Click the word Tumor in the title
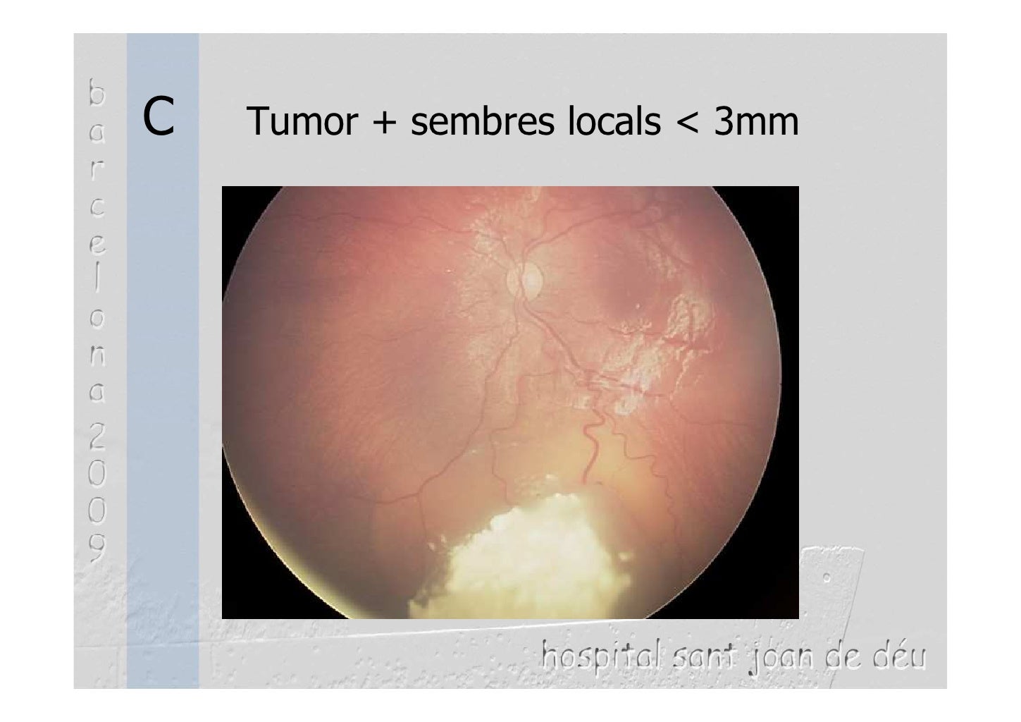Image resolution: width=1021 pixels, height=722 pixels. coord(302,122)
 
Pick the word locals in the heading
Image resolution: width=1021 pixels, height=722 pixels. coord(614,122)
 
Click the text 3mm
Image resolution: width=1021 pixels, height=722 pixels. coord(756,122)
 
